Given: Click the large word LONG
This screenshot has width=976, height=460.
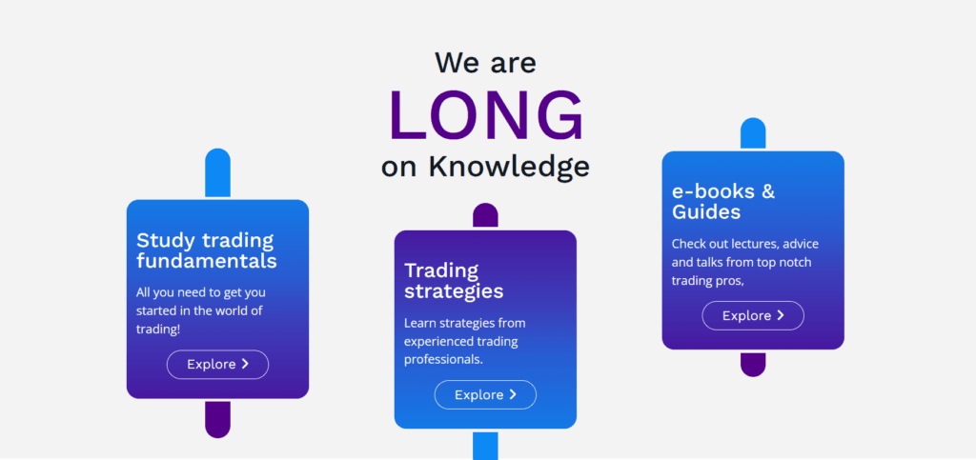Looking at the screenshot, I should (x=486, y=115).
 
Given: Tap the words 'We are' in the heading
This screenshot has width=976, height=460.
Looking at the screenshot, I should (x=486, y=63).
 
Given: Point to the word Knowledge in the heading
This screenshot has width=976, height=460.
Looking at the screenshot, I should (x=508, y=166).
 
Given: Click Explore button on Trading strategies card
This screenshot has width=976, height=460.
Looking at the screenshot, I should (x=485, y=394).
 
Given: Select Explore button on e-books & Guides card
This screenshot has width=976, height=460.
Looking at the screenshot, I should (x=753, y=315).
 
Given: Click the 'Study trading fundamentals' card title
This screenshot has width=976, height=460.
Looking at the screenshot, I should (x=207, y=250).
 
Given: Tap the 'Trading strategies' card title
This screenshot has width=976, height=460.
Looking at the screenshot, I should (x=454, y=280).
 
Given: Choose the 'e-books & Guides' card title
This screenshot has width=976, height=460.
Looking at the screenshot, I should (x=723, y=201).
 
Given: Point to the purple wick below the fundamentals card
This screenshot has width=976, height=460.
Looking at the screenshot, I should (x=217, y=418).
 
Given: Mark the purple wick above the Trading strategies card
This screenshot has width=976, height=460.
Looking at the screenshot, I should (x=485, y=216).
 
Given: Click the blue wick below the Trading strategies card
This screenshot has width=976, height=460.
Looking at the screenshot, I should (x=485, y=446).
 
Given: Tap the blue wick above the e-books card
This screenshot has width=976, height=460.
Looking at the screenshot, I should (x=753, y=134).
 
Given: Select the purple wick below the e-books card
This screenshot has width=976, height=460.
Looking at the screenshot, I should (x=753, y=364).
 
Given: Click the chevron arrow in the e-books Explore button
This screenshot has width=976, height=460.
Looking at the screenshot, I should (x=781, y=315).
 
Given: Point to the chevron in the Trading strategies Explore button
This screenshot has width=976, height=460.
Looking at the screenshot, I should (x=513, y=394).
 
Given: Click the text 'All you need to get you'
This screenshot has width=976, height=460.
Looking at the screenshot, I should (x=201, y=292).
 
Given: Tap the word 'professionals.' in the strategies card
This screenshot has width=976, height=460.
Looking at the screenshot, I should (x=443, y=359).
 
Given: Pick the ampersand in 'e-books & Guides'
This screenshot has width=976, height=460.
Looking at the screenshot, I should (x=767, y=191).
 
